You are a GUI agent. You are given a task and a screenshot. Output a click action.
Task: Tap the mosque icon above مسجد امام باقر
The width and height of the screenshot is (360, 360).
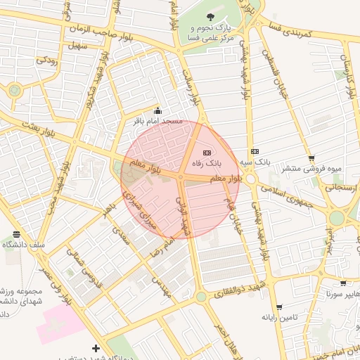pos(157,111)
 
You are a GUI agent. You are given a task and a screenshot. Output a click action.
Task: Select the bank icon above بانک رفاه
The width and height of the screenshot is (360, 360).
pos(207,153)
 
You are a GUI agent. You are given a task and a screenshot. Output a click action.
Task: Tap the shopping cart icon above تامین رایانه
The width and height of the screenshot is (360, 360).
pos(280,307)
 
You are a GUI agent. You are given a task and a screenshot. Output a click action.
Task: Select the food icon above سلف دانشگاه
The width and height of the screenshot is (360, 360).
pos(16,235)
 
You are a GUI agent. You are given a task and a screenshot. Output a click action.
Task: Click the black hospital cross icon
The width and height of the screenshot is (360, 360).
pos(96,348)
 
